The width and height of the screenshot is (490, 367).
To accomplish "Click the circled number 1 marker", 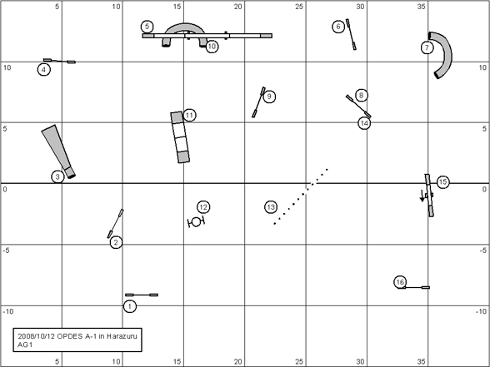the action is coord(130,306).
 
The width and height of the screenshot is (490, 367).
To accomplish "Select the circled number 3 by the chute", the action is coord(57,177).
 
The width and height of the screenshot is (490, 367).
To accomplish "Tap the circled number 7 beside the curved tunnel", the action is coord(427,47).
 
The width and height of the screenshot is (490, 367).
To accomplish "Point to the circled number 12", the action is coord(203,207).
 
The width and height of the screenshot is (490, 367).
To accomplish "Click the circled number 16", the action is coord(400,282).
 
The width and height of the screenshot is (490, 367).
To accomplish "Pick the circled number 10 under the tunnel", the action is coord(212,47).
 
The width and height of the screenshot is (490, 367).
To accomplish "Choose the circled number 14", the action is coord(364,123).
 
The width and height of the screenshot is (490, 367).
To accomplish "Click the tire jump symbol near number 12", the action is coord(196,222).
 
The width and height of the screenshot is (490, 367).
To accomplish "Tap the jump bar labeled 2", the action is coord(115,223).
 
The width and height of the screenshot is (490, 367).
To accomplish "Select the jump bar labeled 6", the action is coord(351,34).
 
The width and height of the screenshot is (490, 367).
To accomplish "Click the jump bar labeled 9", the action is coord(258,102).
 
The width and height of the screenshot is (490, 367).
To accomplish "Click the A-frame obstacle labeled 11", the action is coord(180,137).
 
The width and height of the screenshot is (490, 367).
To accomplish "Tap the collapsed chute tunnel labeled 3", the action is coord(58,151).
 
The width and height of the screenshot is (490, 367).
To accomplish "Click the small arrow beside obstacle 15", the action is coord(422,196).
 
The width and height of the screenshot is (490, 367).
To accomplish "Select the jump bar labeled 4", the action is coord(59,61).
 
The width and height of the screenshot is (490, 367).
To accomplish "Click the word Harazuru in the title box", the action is coord(122,336).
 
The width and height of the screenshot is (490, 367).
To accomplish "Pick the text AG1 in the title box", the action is coord(25,345).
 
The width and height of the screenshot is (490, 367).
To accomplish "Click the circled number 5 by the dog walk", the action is coord(147,27).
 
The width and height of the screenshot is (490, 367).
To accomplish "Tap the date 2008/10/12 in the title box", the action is coord(36,336).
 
